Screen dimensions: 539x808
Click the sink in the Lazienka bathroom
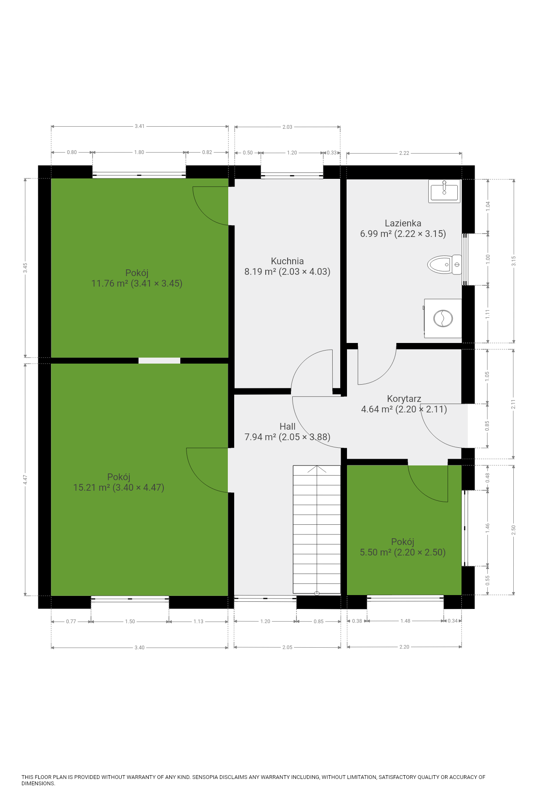444,191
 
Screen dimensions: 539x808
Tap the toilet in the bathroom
445,265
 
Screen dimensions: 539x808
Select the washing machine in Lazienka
443,319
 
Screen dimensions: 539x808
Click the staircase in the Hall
317,530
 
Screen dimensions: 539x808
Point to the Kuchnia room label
287,261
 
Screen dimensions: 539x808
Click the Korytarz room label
404,399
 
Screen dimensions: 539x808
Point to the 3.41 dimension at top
139,126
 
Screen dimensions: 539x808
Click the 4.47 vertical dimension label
25,480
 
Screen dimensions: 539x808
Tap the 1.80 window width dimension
139,152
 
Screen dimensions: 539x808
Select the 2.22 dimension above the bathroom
404,153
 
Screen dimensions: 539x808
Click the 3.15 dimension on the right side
514,261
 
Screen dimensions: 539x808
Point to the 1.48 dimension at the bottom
405,621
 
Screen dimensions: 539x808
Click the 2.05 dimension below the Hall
287,647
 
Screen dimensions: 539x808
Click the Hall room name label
288,426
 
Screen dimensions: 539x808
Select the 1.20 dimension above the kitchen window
292,153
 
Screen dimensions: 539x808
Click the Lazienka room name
403,223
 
